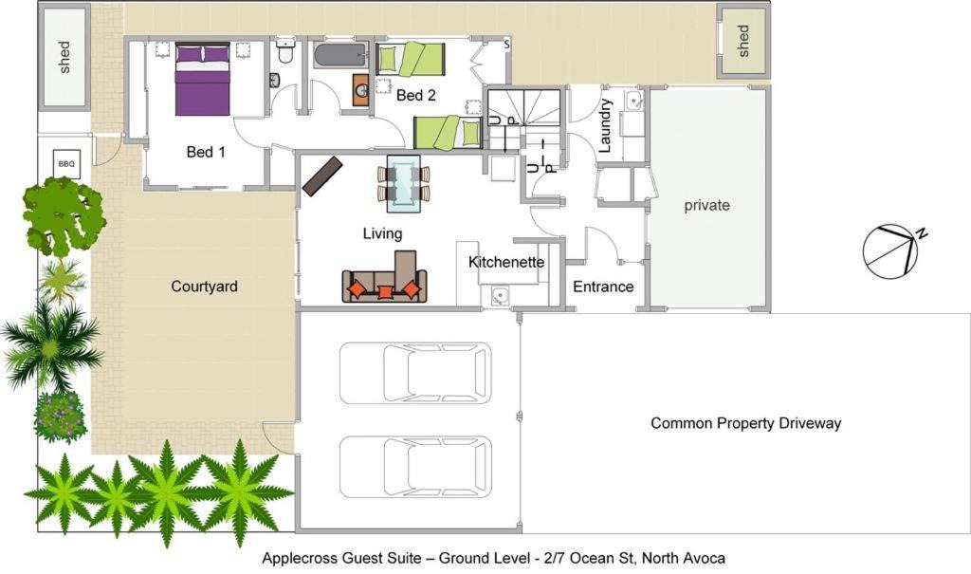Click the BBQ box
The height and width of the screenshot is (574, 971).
tap(66, 163)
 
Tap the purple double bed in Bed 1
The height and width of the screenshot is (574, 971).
tap(203, 79)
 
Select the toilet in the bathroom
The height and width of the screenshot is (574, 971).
tap(284, 51)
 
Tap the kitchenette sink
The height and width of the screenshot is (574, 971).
tap(500, 295)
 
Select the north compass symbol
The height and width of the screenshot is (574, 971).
tap(891, 250)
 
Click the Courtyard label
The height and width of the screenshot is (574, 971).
tap(205, 287)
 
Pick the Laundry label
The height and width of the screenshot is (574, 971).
tap(605, 125)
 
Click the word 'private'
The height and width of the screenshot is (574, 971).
tap(706, 205)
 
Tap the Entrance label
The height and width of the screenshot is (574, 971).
tap(603, 287)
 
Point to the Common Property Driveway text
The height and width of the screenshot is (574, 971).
tap(745, 423)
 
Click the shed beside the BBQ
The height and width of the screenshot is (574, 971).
tap(64, 57)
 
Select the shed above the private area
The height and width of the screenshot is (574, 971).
tap(743, 41)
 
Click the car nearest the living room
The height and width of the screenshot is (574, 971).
tap(415, 373)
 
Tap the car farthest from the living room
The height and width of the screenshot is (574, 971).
tap(415, 468)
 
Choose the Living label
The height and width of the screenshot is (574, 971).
tap(382, 233)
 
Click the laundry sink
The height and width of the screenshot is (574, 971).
tap(632, 101)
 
